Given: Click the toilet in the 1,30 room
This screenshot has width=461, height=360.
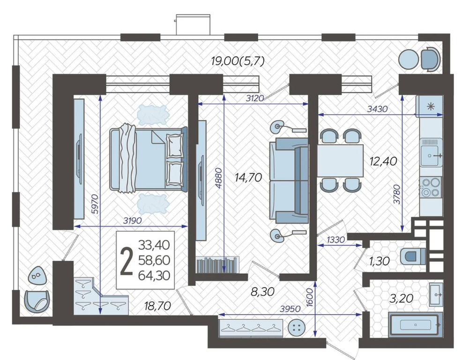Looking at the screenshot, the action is [413, 256].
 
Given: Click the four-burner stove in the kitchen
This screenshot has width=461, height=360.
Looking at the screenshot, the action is [431, 187].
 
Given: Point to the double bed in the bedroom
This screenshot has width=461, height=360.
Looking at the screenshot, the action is [149, 159].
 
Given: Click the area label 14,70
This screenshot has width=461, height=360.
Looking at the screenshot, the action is [248, 177].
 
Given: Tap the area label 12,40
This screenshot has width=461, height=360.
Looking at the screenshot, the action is [384, 161].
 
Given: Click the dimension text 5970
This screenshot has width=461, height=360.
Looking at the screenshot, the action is [94, 204].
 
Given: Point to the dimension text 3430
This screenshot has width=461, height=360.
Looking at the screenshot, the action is [378, 109].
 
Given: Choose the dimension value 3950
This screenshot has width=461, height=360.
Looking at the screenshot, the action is [290, 309].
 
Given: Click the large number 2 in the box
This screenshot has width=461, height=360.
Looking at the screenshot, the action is [127, 261].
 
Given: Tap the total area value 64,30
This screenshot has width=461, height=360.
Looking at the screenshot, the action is [154, 276].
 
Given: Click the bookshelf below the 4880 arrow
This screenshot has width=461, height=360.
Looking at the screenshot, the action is [217, 265].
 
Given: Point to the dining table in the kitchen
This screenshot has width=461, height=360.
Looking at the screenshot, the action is [340, 161].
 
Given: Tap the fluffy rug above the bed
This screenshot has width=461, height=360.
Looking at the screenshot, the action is [153, 115].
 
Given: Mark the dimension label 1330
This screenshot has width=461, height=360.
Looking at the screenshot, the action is [335, 240].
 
